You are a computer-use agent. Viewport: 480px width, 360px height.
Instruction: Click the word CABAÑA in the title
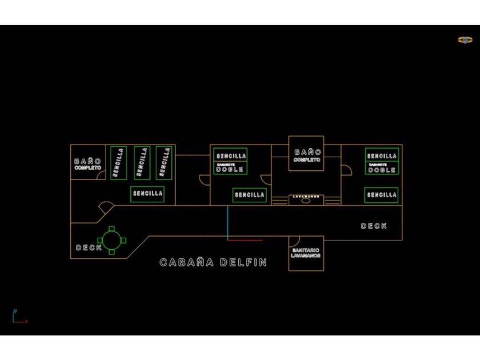187,263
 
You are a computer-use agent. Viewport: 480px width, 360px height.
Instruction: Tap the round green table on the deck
111,239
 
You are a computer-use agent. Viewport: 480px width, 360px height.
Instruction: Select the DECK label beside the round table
89,248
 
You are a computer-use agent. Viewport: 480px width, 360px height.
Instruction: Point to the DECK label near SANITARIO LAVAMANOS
374,226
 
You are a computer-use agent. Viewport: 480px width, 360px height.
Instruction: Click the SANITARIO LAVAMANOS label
306,253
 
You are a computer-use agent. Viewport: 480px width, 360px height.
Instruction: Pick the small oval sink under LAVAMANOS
306,201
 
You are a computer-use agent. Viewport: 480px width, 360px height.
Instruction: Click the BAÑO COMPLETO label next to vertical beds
87,165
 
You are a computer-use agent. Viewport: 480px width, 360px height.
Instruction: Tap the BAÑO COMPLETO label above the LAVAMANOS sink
307,155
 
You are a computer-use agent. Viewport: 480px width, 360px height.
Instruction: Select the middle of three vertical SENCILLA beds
142,163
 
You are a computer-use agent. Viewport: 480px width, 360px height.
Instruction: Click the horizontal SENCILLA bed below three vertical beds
148,194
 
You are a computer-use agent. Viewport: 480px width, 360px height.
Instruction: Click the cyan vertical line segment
227,223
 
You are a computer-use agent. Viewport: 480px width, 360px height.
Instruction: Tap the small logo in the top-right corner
465,40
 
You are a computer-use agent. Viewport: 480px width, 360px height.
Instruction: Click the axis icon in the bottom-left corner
17,317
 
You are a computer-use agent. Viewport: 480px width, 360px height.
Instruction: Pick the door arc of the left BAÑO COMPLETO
100,175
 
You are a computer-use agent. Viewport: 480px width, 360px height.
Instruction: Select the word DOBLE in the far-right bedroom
382,170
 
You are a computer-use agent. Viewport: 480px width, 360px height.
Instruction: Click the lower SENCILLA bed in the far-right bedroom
382,195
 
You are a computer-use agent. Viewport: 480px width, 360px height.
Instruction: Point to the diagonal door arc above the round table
106,206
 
